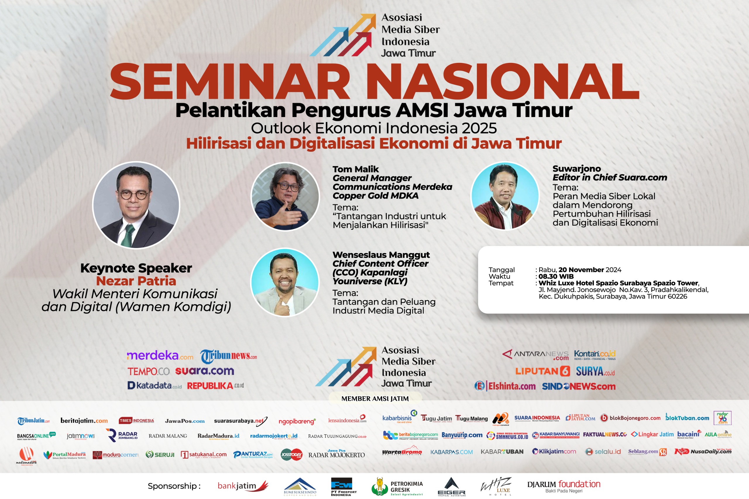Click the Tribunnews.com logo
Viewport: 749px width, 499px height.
pos(228,356)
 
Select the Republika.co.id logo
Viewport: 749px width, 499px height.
pos(215,386)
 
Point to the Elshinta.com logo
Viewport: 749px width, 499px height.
pos(505,386)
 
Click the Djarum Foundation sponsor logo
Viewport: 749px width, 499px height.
pos(564,486)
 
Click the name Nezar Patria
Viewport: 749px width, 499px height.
pos(136,281)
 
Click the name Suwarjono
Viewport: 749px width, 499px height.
pos(576,169)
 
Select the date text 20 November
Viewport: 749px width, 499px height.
pos(581,270)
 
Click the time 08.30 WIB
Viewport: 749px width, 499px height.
pos(556,276)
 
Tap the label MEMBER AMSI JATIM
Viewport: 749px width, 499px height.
pos(375,398)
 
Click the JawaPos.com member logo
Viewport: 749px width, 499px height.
pos(185,421)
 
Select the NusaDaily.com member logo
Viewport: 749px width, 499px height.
pos(703,452)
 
